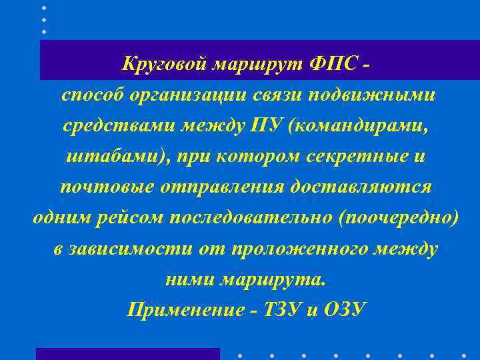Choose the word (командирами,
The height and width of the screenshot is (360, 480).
click(350, 126)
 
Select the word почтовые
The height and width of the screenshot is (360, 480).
click(107, 187)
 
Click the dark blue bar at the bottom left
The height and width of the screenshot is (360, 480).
click(127, 353)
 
